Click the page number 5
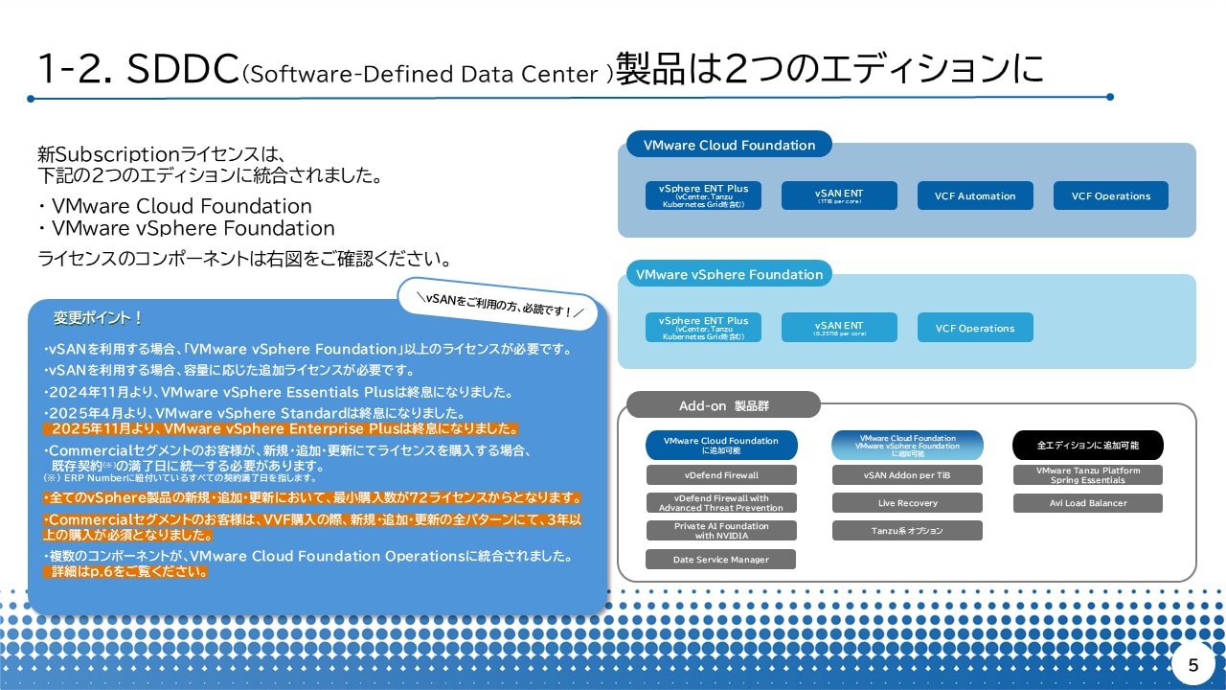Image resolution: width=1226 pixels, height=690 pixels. (x=1192, y=665)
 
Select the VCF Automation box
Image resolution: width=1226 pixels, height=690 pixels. (x=975, y=195)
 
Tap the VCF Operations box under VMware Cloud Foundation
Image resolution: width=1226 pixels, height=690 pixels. (x=1111, y=195)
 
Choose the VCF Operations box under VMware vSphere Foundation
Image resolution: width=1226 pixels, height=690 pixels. (x=975, y=328)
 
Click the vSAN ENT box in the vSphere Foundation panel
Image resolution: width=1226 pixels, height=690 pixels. (x=839, y=328)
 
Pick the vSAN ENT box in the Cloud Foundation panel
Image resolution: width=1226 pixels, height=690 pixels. (x=839, y=195)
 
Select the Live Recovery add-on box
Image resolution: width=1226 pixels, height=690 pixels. (x=907, y=503)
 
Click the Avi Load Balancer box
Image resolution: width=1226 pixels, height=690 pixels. (x=1087, y=503)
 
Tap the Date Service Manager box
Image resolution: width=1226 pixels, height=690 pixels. (x=721, y=560)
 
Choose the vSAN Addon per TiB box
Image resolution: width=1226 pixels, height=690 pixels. (x=907, y=475)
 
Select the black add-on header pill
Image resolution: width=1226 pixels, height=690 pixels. (x=1087, y=446)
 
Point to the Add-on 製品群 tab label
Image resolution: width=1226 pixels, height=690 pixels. (x=723, y=405)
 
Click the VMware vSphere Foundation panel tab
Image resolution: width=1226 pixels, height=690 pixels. (x=729, y=274)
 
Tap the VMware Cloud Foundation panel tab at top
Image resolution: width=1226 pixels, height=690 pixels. (x=729, y=146)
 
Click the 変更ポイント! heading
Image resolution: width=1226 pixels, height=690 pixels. (x=99, y=317)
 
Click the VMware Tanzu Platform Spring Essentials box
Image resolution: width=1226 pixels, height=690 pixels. (x=1087, y=475)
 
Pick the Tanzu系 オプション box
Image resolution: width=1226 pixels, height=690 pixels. (x=907, y=531)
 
